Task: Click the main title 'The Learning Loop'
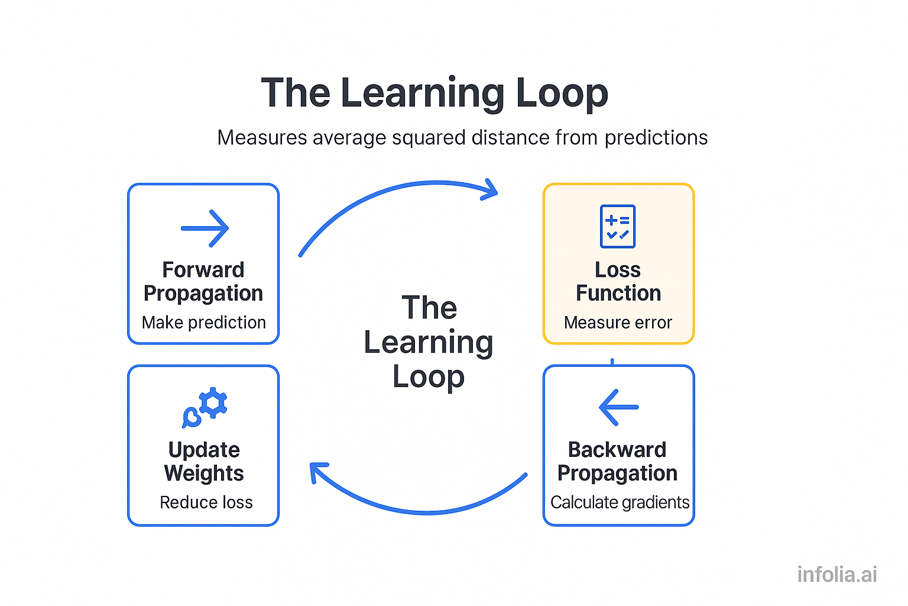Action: click(434, 93)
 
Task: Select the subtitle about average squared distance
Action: click(462, 137)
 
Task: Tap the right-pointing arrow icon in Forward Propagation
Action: click(205, 228)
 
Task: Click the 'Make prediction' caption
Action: click(203, 323)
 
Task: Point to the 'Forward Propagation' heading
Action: click(203, 282)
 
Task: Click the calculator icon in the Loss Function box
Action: click(617, 226)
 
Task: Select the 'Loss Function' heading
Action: click(618, 282)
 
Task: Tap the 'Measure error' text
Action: click(618, 323)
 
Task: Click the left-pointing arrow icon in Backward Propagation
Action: click(618, 407)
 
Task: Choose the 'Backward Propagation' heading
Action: click(617, 462)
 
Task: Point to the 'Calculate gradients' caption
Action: click(620, 502)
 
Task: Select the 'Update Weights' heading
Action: click(204, 462)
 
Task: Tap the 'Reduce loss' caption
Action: click(206, 502)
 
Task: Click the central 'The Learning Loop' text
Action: click(429, 342)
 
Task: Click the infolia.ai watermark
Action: click(836, 574)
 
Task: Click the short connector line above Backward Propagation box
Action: click(612, 362)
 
